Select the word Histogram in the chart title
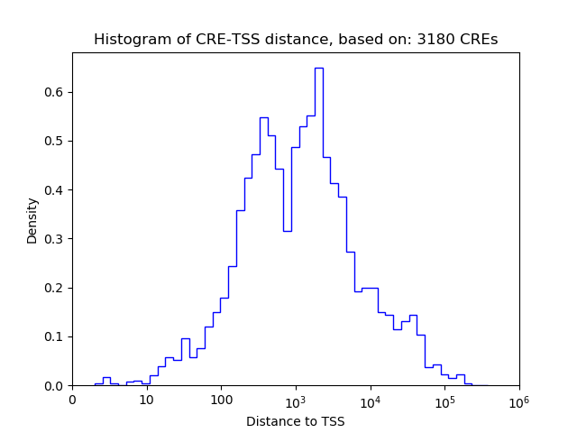126,40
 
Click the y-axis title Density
32,219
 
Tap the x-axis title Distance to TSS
296,421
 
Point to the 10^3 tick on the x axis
296,400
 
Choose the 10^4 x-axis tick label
371,400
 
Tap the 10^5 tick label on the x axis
444,400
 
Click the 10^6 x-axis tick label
519,400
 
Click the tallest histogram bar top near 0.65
318,68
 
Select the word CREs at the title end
480,40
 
